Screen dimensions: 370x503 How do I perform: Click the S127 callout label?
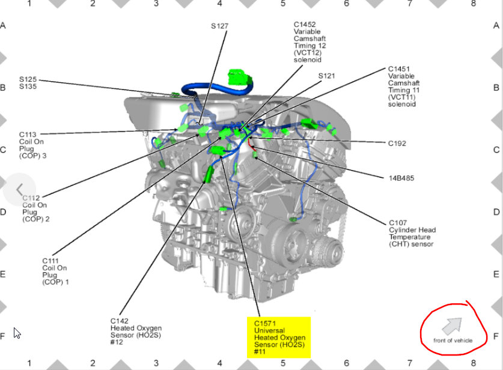(x=220, y=26)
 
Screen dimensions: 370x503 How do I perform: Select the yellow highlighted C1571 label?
(x=279, y=338)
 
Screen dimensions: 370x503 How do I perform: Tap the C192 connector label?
(x=397, y=144)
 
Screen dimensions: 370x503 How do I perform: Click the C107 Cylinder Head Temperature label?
(x=412, y=233)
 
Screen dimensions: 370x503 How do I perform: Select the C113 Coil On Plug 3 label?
(x=34, y=145)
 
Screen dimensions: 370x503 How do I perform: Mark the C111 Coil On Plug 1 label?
(x=55, y=271)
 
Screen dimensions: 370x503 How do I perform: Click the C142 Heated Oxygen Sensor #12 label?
(x=136, y=332)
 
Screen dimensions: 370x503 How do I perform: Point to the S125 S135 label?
(x=28, y=83)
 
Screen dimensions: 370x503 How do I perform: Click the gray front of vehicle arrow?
(x=452, y=326)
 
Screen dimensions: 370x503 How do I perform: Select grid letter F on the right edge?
(x=496, y=337)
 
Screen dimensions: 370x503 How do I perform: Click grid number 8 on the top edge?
(x=473, y=4)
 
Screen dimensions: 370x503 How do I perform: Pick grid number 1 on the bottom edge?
(x=29, y=364)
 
